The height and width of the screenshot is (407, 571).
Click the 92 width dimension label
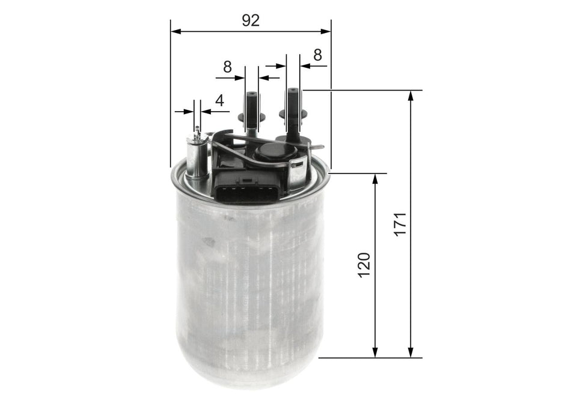pos(250,20)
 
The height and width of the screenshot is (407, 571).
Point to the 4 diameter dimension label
pos(219,100)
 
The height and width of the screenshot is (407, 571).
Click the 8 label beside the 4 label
pos(227,67)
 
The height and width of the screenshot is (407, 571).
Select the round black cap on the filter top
pos(272,152)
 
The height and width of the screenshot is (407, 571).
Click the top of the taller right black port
pos(293,91)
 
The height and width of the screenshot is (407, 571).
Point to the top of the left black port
pos(251,95)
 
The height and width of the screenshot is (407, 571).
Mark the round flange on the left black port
pos(252,117)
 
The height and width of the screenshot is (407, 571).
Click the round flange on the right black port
pos(293,112)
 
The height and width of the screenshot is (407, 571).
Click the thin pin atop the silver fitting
pos(197,130)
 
